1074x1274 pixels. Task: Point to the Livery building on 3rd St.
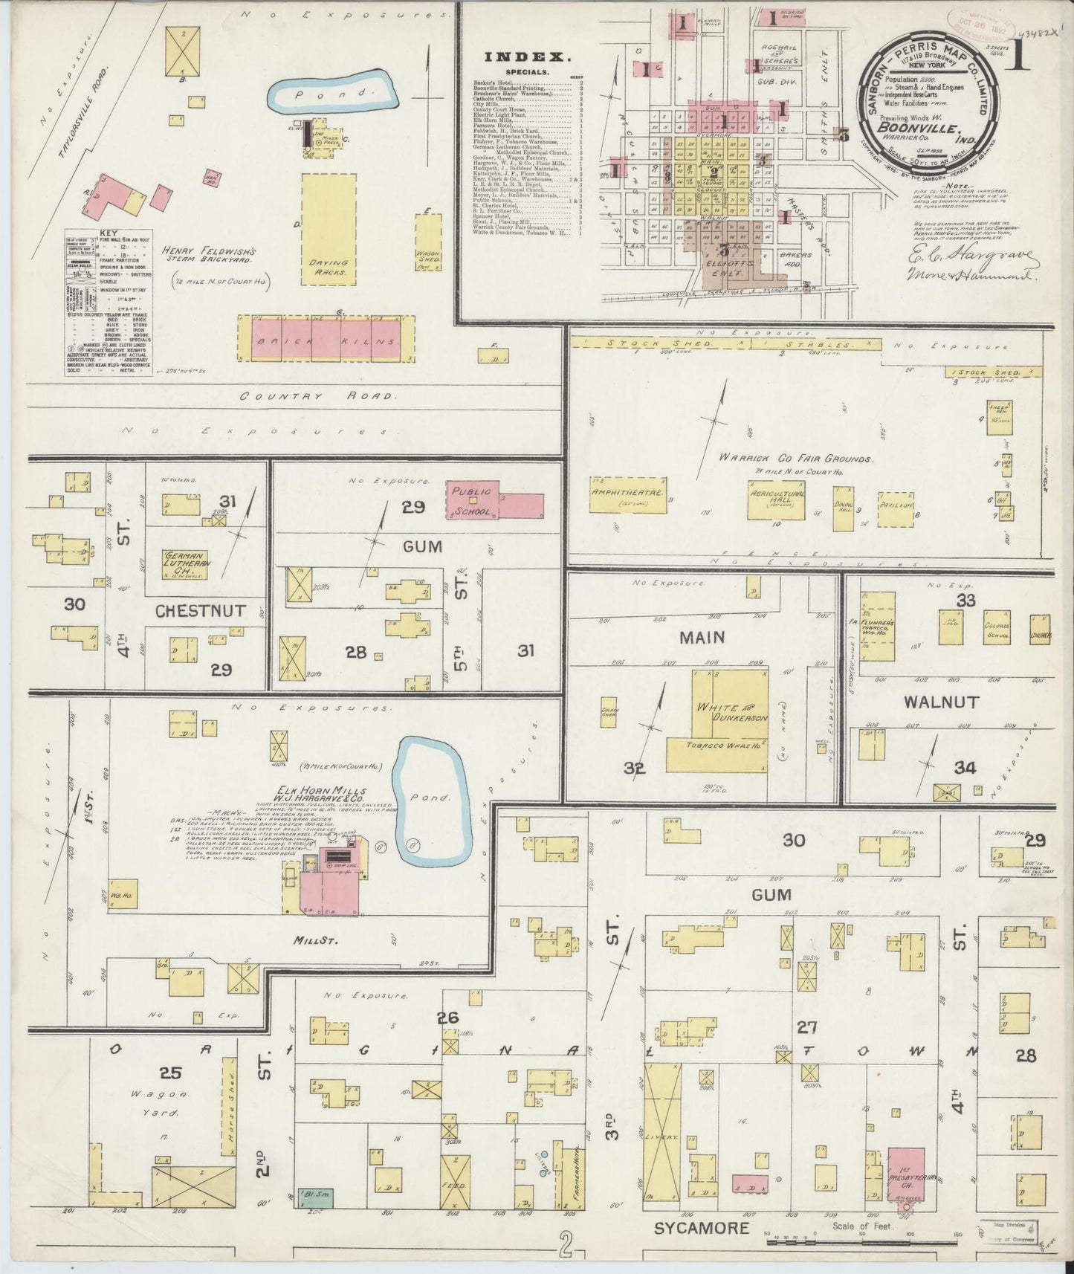[x=662, y=1137]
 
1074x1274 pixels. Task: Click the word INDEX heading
[x=528, y=56]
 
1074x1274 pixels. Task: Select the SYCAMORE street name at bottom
[x=701, y=1228]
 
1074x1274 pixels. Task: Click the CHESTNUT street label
[x=200, y=611]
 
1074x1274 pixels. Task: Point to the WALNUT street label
[x=941, y=702]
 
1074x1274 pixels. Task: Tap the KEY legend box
[x=109, y=301]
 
